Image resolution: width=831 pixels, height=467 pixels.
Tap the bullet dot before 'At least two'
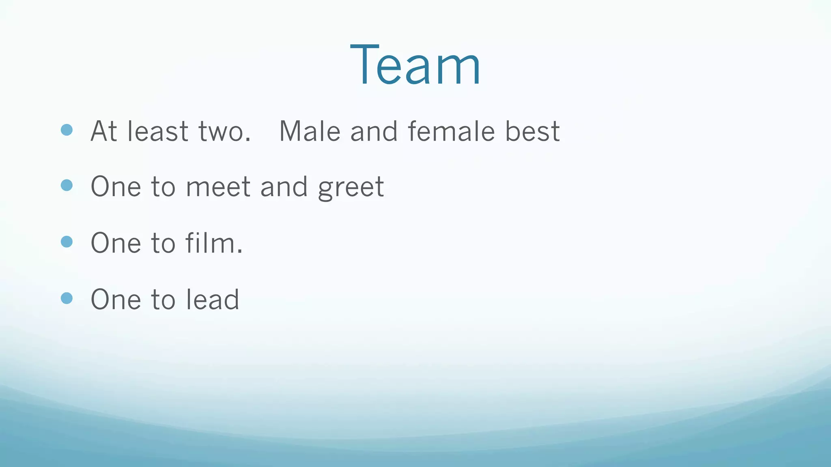point(67,130)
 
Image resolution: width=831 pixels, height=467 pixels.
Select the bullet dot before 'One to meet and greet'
point(67,185)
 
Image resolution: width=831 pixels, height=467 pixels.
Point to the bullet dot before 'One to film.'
point(67,242)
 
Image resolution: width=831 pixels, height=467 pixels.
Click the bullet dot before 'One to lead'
point(67,298)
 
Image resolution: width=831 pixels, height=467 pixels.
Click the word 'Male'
point(310,131)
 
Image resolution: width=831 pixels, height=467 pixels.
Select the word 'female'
point(451,131)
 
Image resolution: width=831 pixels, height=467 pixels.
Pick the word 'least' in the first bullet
point(158,131)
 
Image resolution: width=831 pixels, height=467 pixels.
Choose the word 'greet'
point(351,188)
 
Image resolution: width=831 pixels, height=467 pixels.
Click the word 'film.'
point(214,243)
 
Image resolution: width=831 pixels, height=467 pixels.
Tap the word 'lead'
point(213,300)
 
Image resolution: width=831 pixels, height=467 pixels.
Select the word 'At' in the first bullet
point(104,131)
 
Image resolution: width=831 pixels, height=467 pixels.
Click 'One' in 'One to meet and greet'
point(116,187)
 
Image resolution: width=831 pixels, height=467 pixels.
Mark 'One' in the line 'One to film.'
point(116,243)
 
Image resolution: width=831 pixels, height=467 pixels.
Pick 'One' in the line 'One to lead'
point(116,300)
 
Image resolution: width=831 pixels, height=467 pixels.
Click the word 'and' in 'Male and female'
point(374,131)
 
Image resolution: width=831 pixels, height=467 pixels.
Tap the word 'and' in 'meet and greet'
point(284,187)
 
